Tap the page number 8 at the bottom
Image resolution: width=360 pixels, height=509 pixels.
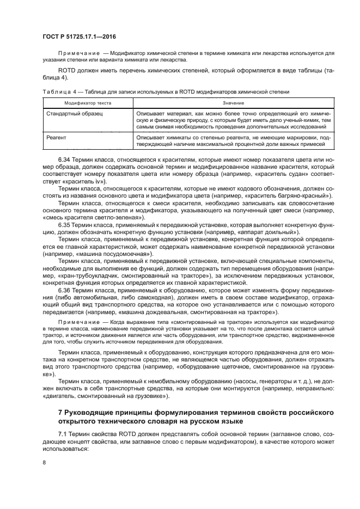point(44,463)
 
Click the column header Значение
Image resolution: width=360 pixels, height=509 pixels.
point(233,103)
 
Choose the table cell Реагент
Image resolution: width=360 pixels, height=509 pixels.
point(56,138)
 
